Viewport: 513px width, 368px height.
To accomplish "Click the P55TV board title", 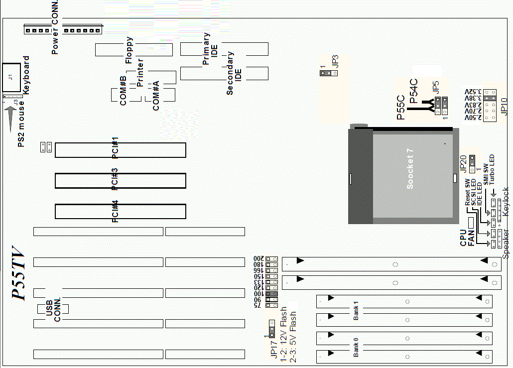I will click(18, 274).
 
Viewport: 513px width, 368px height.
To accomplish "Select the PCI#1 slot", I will click(120, 150).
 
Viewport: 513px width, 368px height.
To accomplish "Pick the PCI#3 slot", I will click(120, 180).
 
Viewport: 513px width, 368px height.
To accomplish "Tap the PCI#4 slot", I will click(120, 211).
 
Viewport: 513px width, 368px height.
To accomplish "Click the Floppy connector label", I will click(129, 50).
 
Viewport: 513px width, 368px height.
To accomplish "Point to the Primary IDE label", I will click(210, 49).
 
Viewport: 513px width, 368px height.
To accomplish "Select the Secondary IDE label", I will click(234, 73).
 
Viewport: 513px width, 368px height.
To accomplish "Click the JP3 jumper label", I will click(335, 61).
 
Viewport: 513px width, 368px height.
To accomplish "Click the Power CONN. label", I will click(55, 27).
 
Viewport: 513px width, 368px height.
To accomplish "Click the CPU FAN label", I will click(467, 238).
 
